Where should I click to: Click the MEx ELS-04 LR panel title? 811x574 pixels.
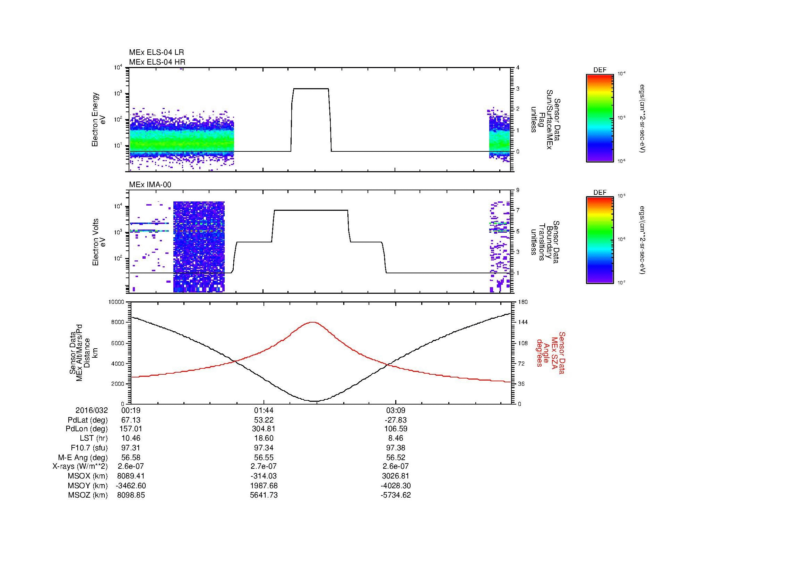tap(156, 52)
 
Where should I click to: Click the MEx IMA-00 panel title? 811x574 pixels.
tap(150, 185)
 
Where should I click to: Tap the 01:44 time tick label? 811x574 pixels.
tap(264, 410)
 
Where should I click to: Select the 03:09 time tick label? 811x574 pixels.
tap(396, 410)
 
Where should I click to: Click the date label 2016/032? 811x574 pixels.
tap(92, 410)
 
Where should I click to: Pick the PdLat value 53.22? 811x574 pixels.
tap(264, 420)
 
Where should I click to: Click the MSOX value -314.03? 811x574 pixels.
tap(264, 476)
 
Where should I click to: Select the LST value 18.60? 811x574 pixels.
tap(264, 438)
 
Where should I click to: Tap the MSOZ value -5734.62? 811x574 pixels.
tap(396, 495)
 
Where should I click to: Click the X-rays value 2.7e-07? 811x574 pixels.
tap(264, 466)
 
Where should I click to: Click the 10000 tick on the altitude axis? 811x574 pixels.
tap(117, 302)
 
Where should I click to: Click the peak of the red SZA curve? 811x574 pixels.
tap(313, 322)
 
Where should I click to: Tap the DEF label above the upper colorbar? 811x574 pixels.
tap(600, 70)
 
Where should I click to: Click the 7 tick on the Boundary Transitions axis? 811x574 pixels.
tap(518, 210)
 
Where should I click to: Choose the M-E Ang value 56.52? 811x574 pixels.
tap(396, 457)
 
